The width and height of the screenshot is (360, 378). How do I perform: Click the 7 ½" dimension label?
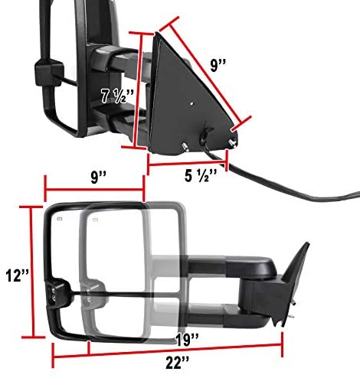click(117, 96)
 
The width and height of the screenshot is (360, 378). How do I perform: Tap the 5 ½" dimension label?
click(201, 176)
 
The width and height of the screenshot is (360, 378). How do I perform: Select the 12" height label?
click(17, 275)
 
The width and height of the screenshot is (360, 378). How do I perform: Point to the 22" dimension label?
click(178, 363)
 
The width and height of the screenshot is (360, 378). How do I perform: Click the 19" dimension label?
click(187, 340)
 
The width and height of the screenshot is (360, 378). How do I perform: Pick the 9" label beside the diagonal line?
click(218, 66)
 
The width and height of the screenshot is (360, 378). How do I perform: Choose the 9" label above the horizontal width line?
click(99, 177)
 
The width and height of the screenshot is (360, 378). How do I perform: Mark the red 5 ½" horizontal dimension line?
click(187, 163)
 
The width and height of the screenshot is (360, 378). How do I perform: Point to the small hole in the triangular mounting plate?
click(191, 104)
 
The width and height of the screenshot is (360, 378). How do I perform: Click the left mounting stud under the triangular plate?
click(185, 147)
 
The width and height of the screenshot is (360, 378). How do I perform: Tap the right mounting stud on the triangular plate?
click(232, 143)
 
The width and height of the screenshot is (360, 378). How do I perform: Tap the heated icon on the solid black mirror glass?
click(60, 219)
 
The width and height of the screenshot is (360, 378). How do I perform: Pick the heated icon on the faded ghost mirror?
click(95, 220)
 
